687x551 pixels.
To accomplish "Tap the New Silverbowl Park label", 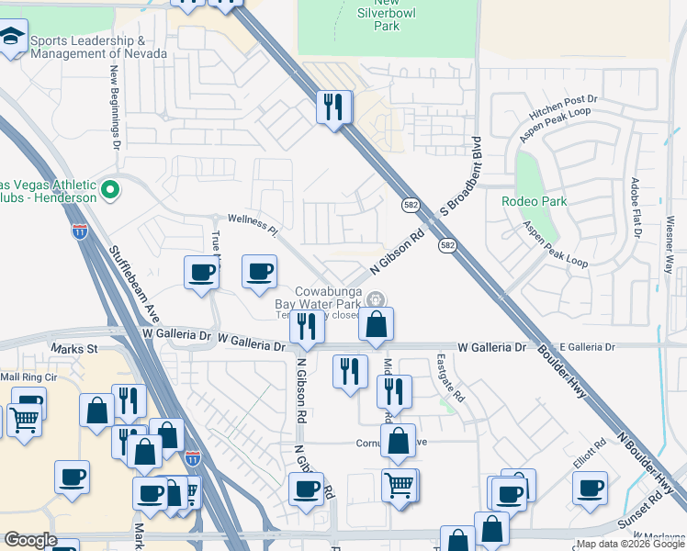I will point(374,16).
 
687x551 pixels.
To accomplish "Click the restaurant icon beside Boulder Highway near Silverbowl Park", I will point(334,107).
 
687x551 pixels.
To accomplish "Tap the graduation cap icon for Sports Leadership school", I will point(13,39).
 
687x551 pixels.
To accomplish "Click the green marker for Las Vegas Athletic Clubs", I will point(110,190).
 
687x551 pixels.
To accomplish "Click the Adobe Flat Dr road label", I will point(636,207).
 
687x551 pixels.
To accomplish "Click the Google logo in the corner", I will point(30,539).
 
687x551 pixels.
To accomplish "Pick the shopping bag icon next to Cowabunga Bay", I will point(377,324).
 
